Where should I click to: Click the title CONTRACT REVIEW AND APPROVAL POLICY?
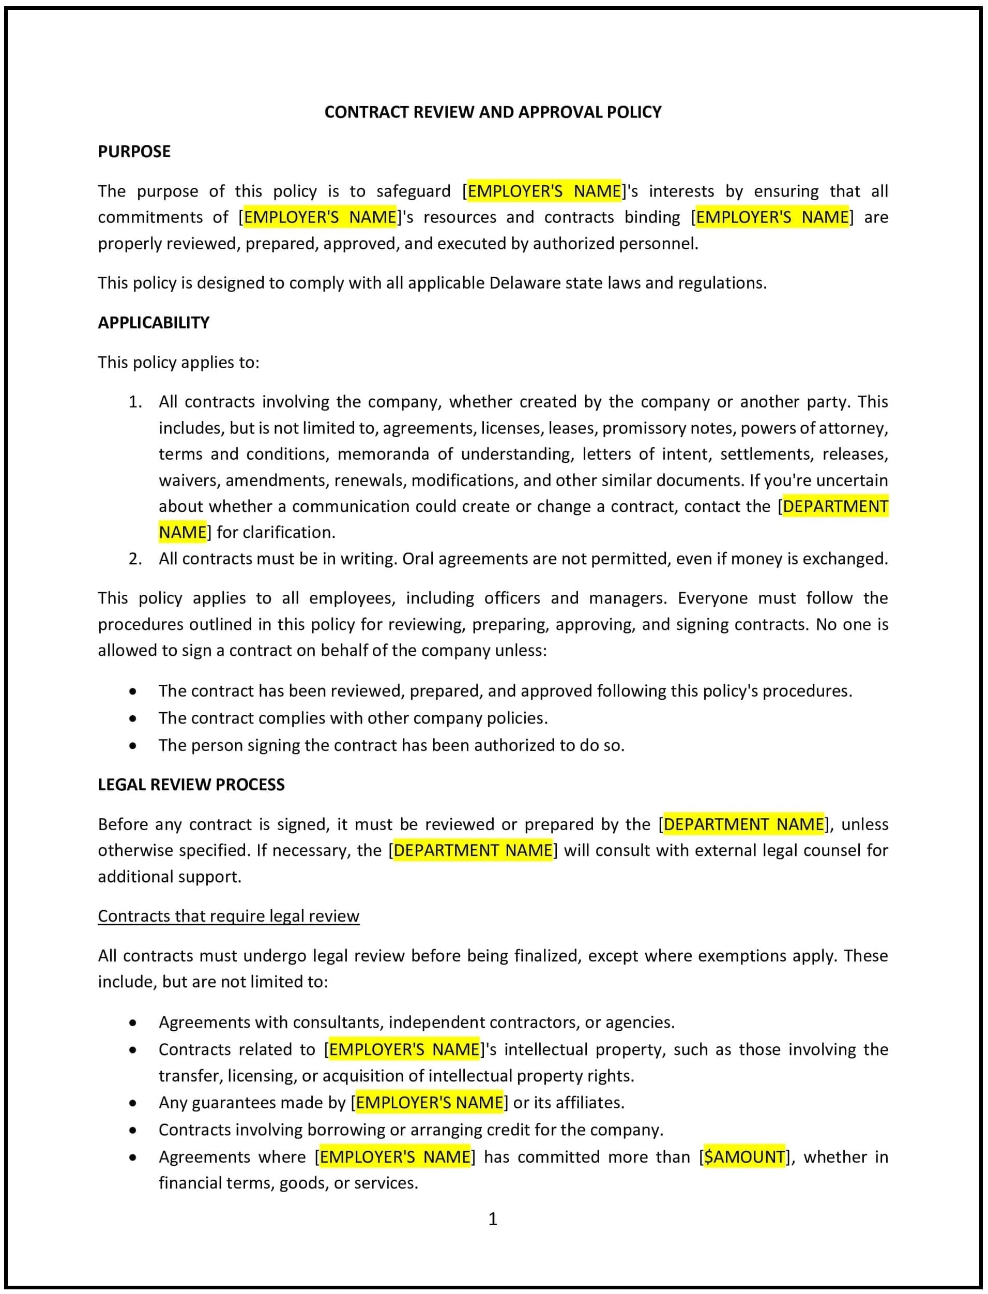493,112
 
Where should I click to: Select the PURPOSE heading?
134,152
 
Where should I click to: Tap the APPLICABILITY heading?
154,322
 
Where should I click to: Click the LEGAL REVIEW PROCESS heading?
191,785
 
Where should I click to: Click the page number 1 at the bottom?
493,1220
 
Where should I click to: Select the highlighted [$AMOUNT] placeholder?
744,1157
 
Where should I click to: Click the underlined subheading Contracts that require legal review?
228,916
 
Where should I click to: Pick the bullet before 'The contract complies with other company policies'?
133,719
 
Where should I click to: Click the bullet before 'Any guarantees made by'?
133,1103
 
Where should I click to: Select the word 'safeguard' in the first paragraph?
414,191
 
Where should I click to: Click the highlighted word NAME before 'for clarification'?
183,532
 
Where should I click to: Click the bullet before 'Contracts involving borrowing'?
133,1131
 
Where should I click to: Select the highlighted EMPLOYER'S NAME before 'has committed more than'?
394,1157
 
